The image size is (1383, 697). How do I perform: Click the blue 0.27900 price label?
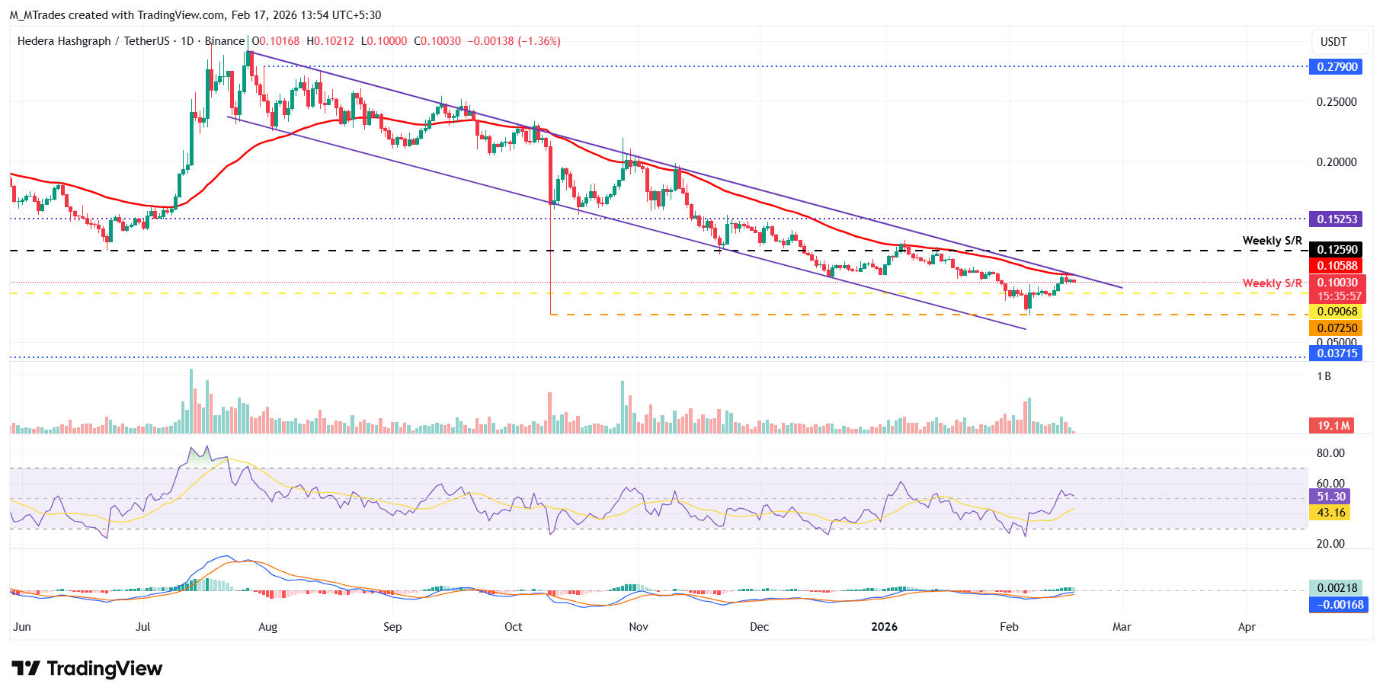click(x=1337, y=67)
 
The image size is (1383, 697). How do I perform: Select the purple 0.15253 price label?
click(x=1337, y=219)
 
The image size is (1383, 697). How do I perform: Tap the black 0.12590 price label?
click(x=1337, y=250)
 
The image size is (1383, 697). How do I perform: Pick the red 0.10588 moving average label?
click(x=1337, y=266)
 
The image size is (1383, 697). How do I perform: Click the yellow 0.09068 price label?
click(x=1337, y=312)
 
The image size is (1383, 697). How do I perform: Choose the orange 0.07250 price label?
click(x=1337, y=328)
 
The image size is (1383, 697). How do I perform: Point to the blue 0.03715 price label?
click(x=1337, y=353)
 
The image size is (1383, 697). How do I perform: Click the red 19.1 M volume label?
click(x=1333, y=426)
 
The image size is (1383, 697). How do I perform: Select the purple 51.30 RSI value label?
click(x=1330, y=497)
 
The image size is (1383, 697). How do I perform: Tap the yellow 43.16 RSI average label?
click(x=1330, y=513)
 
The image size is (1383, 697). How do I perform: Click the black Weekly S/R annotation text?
click(x=1272, y=241)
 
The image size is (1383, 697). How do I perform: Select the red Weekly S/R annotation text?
click(x=1272, y=283)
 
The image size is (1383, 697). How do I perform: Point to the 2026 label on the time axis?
click(x=884, y=627)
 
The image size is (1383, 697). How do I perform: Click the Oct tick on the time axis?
click(x=513, y=627)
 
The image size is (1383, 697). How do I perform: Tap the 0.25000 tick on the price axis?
click(x=1337, y=102)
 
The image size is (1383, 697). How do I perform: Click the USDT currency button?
click(x=1333, y=42)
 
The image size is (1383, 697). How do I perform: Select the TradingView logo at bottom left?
click(x=87, y=669)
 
